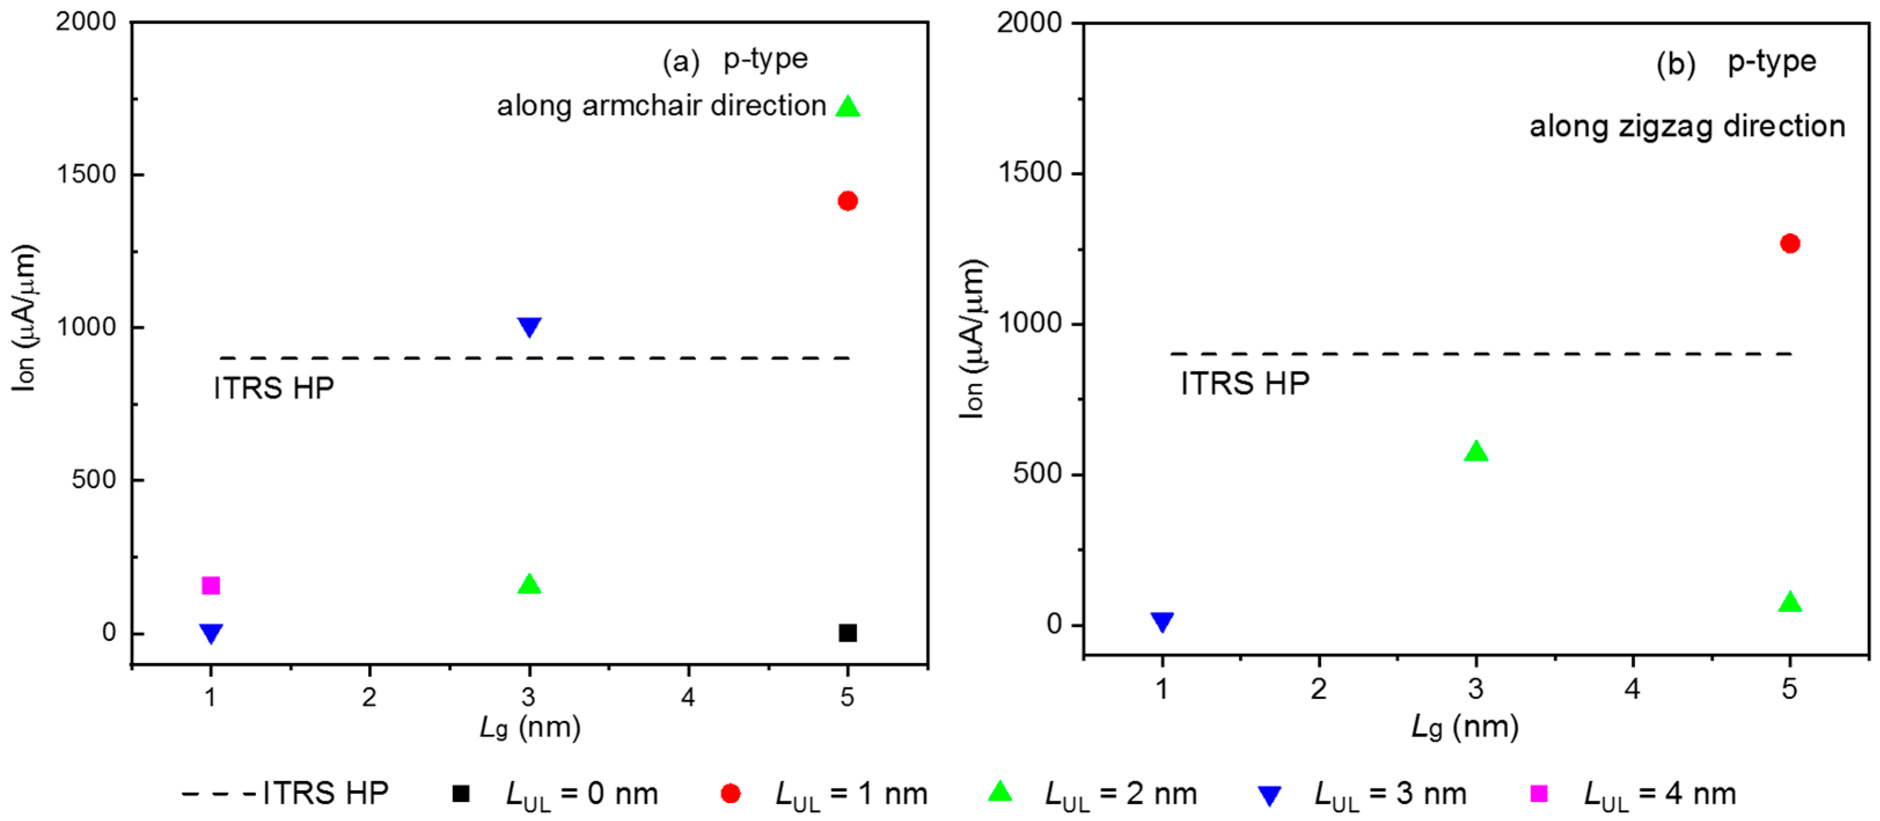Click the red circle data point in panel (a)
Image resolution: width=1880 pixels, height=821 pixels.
tap(847, 201)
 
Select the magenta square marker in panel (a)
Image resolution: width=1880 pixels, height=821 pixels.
tap(211, 586)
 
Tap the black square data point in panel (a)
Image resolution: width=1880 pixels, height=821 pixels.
tap(847, 633)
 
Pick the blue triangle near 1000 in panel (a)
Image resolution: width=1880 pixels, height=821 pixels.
tap(529, 326)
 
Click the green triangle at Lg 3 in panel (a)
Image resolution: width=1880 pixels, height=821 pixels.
tap(529, 584)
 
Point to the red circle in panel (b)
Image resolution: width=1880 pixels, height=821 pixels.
tap(1790, 243)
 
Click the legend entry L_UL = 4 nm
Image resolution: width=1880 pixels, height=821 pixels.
tap(1635, 793)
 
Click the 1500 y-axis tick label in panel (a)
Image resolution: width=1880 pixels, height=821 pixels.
tap(87, 174)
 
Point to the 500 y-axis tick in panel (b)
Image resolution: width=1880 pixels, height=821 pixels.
tap(1036, 474)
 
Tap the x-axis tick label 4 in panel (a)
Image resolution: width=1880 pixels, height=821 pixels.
tap(688, 697)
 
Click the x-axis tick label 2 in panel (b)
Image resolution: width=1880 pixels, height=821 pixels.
tap(1318, 688)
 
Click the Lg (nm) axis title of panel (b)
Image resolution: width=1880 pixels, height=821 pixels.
tap(1466, 727)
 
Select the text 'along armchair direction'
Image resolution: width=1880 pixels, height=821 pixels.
tap(661, 106)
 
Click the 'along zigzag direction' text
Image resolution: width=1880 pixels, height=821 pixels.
tap(1687, 126)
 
